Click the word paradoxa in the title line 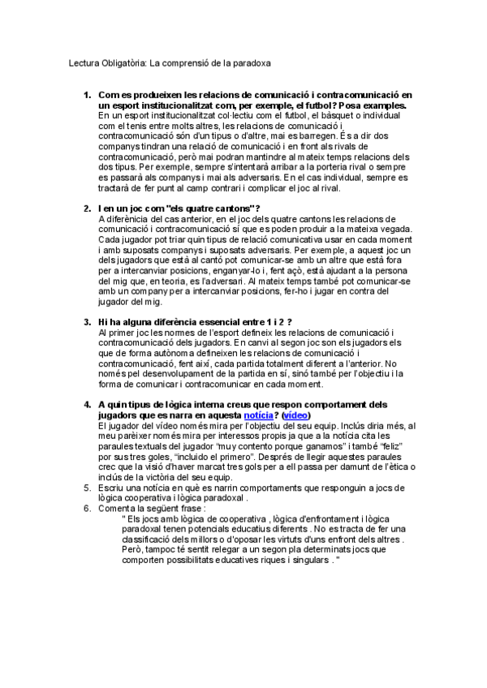(252, 62)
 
